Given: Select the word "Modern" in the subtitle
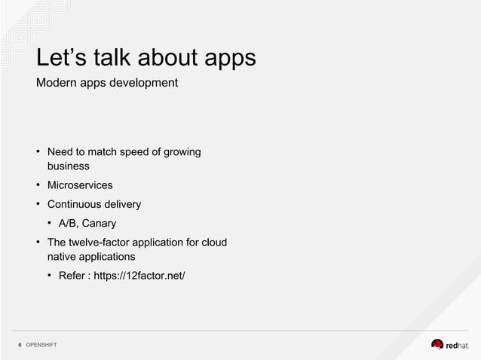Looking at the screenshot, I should pos(57,82).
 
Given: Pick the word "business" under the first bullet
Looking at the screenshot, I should pos(69,166).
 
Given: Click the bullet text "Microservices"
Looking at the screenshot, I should pos(80,185).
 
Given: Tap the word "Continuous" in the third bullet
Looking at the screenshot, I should pos(73,204).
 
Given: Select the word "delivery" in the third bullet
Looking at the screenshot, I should pos(121,204).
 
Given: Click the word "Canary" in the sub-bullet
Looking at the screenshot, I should pos(100,223).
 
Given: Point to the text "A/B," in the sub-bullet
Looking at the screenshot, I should pos(69,223).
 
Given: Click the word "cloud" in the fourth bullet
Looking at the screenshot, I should pos(213,243).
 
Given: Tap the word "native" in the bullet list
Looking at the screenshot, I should pos(63,256).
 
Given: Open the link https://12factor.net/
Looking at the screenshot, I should pos(139,276).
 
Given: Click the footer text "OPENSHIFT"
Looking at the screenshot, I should pos(41,345).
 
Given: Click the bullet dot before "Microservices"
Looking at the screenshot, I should pos(38,185).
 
